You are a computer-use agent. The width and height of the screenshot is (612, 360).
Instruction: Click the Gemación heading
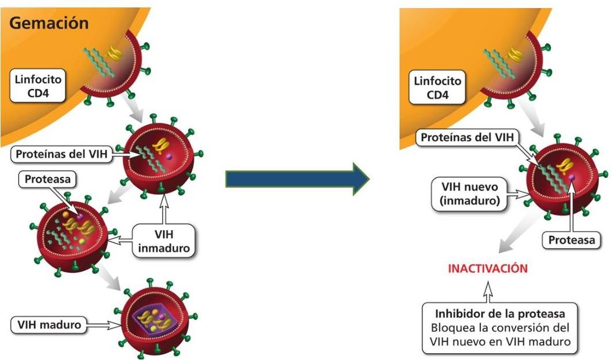(49, 24)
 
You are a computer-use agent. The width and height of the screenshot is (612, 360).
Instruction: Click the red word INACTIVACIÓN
(487, 268)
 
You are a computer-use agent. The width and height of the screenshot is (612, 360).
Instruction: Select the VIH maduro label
(47, 325)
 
